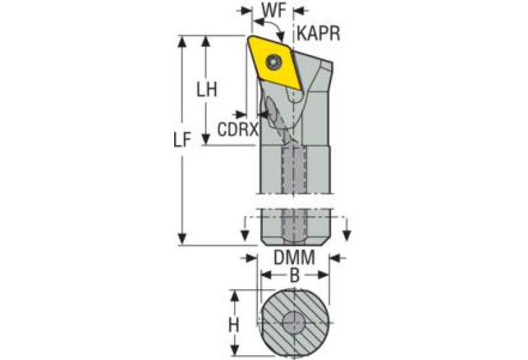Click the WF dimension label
pos(274,12)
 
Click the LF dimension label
pos(181,141)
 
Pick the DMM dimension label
pos(294,258)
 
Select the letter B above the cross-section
pos(294,276)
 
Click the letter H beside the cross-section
pos(234,324)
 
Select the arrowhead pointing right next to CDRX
pos(242,113)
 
